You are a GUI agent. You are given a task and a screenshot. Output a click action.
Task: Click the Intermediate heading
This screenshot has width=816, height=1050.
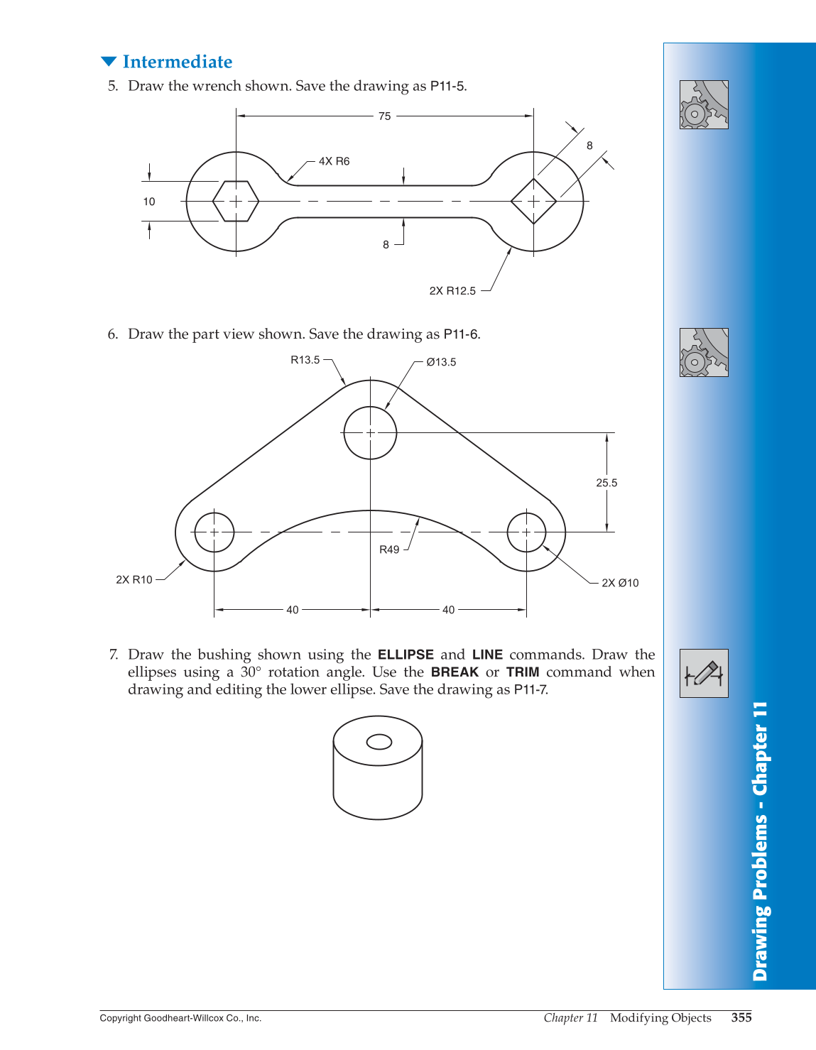pyautogui.click(x=177, y=62)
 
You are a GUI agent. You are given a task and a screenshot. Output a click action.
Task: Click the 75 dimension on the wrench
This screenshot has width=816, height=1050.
pyautogui.click(x=384, y=116)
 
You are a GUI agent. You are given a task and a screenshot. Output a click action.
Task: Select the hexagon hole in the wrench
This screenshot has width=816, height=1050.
pyautogui.click(x=236, y=202)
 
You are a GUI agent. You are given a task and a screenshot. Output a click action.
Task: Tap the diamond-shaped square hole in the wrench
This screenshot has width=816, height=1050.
pyautogui.click(x=533, y=202)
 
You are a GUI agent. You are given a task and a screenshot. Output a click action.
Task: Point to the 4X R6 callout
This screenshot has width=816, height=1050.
pyautogui.click(x=334, y=162)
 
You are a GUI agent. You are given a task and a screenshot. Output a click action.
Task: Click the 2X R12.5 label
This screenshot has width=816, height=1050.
pyautogui.click(x=452, y=291)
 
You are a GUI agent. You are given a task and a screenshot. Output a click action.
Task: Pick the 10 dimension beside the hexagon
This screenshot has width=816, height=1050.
pyautogui.click(x=149, y=202)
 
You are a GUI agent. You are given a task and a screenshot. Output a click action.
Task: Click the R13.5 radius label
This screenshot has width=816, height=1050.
pyautogui.click(x=305, y=360)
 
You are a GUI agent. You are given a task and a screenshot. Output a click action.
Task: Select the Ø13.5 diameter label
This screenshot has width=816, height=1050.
pyautogui.click(x=441, y=362)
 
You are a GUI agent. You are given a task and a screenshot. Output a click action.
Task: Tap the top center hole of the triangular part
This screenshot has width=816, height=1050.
pyautogui.click(x=370, y=432)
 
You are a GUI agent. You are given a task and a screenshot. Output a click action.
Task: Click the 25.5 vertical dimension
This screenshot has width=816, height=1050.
pyautogui.click(x=606, y=483)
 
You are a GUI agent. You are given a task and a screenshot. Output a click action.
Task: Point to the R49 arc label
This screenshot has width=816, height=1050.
pyautogui.click(x=389, y=549)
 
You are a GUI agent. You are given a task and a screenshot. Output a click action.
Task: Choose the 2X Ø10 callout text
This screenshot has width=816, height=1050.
pyautogui.click(x=620, y=583)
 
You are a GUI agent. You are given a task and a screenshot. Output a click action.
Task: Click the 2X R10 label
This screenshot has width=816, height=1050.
pyautogui.click(x=134, y=580)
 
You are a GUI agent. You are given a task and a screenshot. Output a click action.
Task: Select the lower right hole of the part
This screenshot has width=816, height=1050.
pyautogui.click(x=526, y=532)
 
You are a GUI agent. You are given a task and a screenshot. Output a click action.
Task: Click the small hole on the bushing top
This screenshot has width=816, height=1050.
pyautogui.click(x=379, y=742)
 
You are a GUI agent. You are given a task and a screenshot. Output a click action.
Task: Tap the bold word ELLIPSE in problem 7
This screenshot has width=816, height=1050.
pyautogui.click(x=406, y=655)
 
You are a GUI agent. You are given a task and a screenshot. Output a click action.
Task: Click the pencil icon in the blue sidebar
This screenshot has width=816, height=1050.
pyautogui.click(x=704, y=673)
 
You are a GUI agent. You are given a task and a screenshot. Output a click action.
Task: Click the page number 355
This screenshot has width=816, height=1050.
pyautogui.click(x=741, y=1017)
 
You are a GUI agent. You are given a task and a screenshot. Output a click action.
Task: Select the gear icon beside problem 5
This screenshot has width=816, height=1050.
pyautogui.click(x=704, y=104)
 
